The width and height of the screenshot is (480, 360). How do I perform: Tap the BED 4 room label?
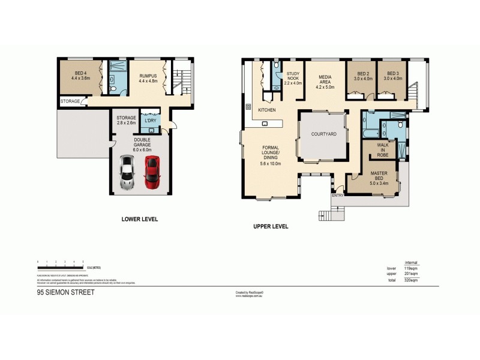point(80,75)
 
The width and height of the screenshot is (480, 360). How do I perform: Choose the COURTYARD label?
point(323,134)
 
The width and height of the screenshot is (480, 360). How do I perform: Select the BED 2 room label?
point(361,76)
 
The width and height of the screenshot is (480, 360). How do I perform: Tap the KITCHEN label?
point(267,110)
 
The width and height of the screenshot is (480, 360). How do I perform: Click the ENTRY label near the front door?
point(338,194)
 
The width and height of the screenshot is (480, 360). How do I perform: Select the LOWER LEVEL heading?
point(139,220)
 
